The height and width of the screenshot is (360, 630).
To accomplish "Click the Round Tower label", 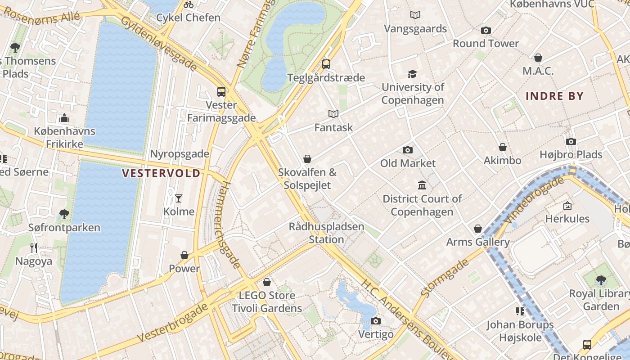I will coord(486,44).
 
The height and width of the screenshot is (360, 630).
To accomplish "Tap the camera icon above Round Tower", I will coord(486,30).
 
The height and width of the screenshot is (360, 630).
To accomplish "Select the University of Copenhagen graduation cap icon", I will coord(412,74).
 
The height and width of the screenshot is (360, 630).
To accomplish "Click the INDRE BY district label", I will coord(554,96).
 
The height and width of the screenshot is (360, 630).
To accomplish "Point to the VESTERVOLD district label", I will coord(161,173).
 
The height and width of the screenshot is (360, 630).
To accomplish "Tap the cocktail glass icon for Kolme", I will coord(179,198).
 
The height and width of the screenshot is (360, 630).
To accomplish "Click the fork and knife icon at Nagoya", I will coord(34,247).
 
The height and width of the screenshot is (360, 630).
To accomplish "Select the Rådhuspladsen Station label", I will coord(326,233).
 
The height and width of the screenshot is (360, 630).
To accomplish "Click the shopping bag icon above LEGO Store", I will coord(267,282).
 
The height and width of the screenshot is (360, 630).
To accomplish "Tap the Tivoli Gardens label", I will coord(267,308).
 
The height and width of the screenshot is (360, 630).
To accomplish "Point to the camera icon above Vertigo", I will coord(376,321).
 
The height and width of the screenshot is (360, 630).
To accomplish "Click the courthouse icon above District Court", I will coord(422,185).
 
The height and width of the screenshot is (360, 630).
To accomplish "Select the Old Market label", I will coord(408,163).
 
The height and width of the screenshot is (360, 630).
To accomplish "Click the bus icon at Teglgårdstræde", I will coord(326,64).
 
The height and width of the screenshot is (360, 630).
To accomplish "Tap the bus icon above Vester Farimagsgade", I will coord(221,91).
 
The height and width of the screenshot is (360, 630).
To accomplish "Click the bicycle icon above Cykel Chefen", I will coord(189,4).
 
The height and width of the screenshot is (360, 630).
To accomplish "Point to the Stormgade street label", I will coord(438,278).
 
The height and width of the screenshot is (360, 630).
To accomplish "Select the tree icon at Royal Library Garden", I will coord(601,280).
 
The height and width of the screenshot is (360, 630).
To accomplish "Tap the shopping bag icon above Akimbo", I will coord(503,147).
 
